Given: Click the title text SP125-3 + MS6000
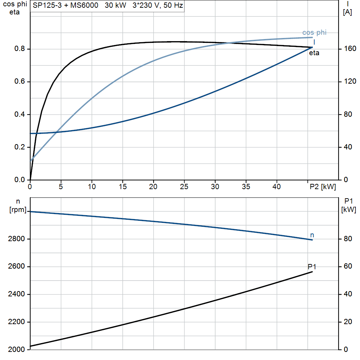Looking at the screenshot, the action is click(x=65, y=5).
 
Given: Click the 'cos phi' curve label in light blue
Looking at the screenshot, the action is click(x=314, y=32).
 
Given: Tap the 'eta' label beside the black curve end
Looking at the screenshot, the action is click(x=314, y=53).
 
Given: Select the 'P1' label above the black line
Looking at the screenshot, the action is click(x=312, y=267).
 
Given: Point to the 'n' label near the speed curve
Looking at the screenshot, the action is click(x=312, y=235).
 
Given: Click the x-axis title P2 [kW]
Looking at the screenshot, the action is click(x=323, y=187).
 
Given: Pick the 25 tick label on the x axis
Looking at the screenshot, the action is click(x=184, y=187).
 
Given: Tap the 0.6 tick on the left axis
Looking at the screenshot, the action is click(x=20, y=82).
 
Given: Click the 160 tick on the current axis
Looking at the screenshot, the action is click(x=350, y=49).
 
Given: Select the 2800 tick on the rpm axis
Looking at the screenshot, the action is click(x=16, y=239).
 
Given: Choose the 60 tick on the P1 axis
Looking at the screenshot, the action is click(x=348, y=266).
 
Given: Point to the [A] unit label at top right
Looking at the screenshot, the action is click(x=347, y=12).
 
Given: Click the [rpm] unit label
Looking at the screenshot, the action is click(x=18, y=210).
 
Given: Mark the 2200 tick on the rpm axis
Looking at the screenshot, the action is click(x=16, y=322).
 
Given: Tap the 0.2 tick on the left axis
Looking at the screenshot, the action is click(x=20, y=147).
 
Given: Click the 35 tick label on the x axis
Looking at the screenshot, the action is click(x=246, y=187).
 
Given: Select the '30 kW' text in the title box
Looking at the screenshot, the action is click(x=115, y=5).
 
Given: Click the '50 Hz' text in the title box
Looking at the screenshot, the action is click(x=173, y=5).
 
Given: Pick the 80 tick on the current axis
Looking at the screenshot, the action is click(x=348, y=114).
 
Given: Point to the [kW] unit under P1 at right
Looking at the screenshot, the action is click(x=348, y=210).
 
